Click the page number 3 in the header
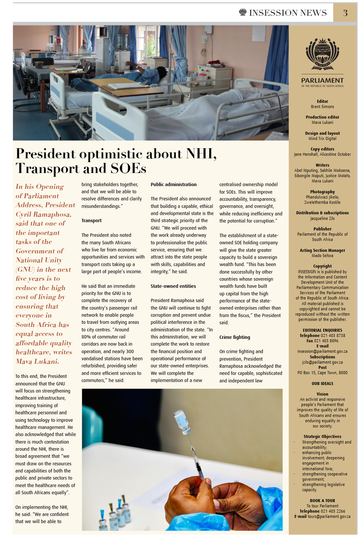coord(345,13)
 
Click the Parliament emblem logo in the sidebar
coord(322,54)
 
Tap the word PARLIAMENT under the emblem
coord(322,80)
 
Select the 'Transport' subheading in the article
coord(91,221)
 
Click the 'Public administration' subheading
coord(174,185)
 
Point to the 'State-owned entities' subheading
coord(173,286)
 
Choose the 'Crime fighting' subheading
coord(235,337)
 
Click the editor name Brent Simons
coord(322,107)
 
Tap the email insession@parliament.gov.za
coord(322,352)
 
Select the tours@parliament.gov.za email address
coord(329,517)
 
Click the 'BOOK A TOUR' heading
coord(322,501)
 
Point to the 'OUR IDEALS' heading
coord(322,384)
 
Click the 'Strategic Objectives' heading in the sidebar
coord(322,436)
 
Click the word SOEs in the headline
coord(128,168)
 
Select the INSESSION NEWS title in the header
coord(288,13)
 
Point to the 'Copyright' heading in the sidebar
coord(322,266)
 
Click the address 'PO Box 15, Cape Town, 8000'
coord(322,373)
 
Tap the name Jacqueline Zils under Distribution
coord(322,218)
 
